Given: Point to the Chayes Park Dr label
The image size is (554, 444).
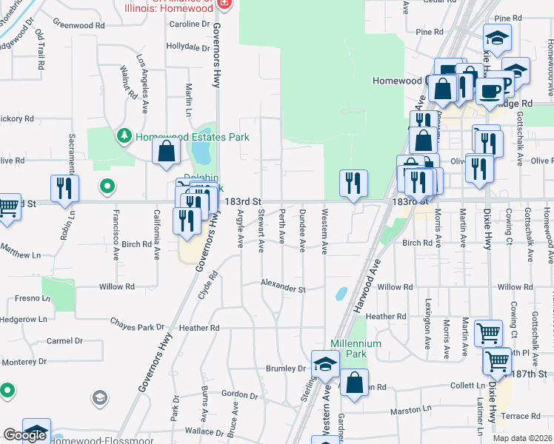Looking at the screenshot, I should pos(137,326).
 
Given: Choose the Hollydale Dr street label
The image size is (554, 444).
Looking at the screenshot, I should pos(188,46).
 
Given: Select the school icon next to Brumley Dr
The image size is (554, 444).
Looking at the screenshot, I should pos(324,363).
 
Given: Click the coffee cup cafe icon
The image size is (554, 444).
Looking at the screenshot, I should pos(488,91).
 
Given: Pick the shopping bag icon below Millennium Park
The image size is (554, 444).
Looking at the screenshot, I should pos(355,383).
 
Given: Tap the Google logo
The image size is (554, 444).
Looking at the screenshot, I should pos(24,435).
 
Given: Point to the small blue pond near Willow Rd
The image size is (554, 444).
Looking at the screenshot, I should pos(341,293).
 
